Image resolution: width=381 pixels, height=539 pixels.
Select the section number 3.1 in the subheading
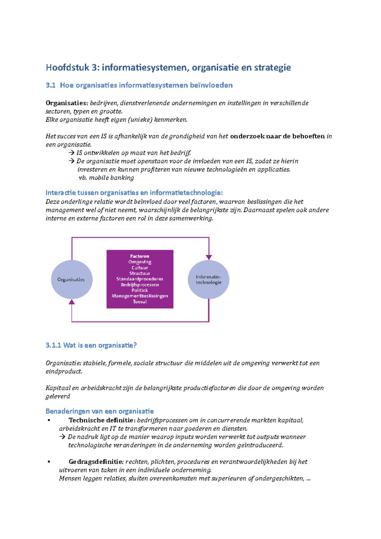point(50,85)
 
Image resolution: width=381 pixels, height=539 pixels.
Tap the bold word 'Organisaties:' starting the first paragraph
point(67,103)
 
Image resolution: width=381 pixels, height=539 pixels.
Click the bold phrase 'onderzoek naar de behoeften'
point(277,136)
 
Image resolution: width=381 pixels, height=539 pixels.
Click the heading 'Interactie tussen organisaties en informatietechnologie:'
point(134,193)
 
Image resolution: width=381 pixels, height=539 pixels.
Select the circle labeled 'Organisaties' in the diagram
point(71,280)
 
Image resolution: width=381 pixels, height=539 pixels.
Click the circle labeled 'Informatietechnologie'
point(209,280)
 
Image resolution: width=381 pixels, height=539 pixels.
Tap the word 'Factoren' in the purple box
point(140,256)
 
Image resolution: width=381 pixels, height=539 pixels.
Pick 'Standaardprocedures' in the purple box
point(140,279)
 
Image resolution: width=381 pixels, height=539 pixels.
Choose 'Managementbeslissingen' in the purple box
point(140,296)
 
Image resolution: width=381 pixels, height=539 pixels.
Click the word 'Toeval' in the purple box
point(140,302)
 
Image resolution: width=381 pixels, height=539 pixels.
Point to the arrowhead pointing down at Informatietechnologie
point(209,257)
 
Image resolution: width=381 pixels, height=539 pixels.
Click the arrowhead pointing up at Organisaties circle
point(72,302)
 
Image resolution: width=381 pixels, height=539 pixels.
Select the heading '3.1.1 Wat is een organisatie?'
point(91,345)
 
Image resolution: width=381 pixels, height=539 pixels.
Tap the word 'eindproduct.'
point(64,371)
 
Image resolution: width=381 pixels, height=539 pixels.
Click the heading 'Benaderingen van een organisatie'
point(100,411)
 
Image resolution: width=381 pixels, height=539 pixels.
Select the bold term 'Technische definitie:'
point(102,420)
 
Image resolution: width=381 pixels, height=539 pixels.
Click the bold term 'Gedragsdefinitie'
point(96,462)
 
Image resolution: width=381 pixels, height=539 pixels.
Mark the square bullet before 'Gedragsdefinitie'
point(49,462)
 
